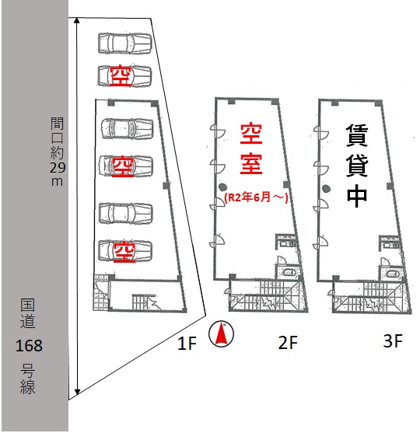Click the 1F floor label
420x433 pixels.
[187, 344]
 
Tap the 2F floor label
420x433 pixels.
[288, 342]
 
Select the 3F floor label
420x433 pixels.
[393, 340]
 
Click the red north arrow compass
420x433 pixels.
[221, 333]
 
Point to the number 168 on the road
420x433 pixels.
[29, 346]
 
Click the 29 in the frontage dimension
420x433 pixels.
[58, 167]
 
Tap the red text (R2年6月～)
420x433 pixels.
[257, 197]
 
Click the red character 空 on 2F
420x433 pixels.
[251, 134]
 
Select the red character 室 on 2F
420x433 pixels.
[251, 163]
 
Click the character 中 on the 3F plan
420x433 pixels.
[357, 195]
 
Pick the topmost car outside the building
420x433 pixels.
[124, 43]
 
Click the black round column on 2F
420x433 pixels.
[222, 187]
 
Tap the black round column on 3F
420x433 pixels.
[327, 188]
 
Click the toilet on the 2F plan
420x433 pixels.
[289, 273]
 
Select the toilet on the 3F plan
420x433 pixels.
[392, 274]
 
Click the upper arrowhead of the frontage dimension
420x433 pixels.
[77, 20]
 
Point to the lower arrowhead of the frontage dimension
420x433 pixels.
[77, 392]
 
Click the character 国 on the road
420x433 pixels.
[28, 306]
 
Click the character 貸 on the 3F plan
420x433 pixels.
[357, 166]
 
